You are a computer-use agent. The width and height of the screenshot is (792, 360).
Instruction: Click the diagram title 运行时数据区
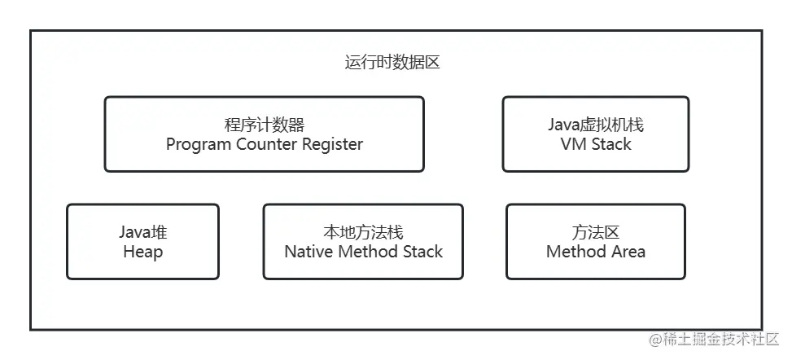click(x=392, y=63)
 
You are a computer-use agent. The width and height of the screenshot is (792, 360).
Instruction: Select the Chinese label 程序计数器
click(x=264, y=125)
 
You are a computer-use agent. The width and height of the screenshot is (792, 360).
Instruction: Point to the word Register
click(x=333, y=145)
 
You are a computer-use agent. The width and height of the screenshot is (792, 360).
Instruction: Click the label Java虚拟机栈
click(x=595, y=125)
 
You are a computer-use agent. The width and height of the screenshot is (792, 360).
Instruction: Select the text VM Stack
click(x=595, y=144)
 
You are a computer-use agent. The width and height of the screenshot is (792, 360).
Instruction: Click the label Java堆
click(x=142, y=232)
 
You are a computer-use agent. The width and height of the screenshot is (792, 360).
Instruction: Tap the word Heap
click(x=142, y=252)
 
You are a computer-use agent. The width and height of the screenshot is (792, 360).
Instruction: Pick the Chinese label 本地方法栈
click(x=363, y=232)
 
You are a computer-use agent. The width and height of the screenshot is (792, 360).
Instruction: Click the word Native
click(x=308, y=252)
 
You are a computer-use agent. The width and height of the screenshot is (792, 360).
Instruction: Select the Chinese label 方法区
click(x=595, y=232)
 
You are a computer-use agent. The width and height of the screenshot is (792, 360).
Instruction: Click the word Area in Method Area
click(x=628, y=252)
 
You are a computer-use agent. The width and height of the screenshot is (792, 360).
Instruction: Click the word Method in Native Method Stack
click(x=366, y=252)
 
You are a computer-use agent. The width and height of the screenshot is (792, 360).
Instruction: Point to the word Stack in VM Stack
click(x=610, y=144)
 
